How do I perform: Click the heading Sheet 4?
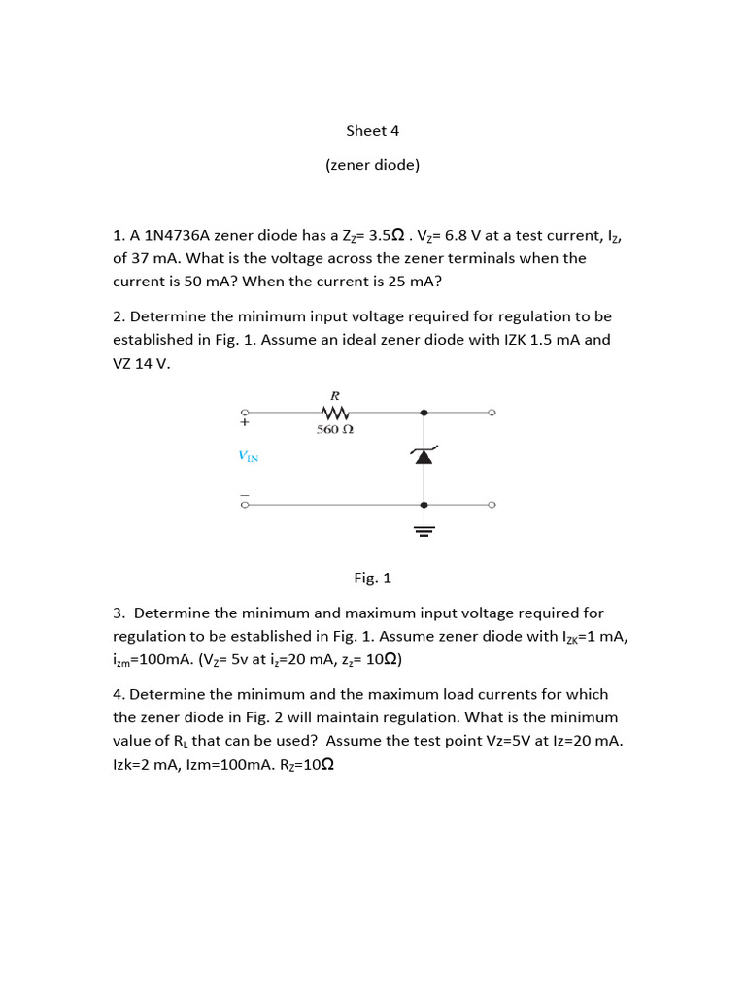[x=373, y=131]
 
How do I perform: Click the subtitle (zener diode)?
[x=373, y=165]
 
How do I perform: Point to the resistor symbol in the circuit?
[x=335, y=413]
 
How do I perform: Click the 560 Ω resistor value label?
[x=335, y=429]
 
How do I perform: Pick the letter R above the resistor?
[x=335, y=396]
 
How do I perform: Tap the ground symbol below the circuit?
[x=423, y=529]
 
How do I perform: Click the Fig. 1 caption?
[x=373, y=578]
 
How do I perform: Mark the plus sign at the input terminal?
[x=245, y=423]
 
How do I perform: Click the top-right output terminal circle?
[x=492, y=413]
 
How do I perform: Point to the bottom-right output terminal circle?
[x=492, y=505]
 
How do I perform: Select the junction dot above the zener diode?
[x=423, y=413]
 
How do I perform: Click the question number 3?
[x=118, y=613]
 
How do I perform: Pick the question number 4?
[x=118, y=695]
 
